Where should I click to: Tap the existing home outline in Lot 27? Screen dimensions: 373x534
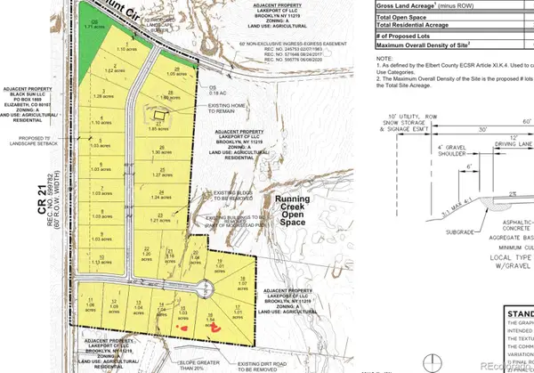click(x=158, y=116)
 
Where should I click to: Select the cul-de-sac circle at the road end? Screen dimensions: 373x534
click(x=206, y=286)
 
